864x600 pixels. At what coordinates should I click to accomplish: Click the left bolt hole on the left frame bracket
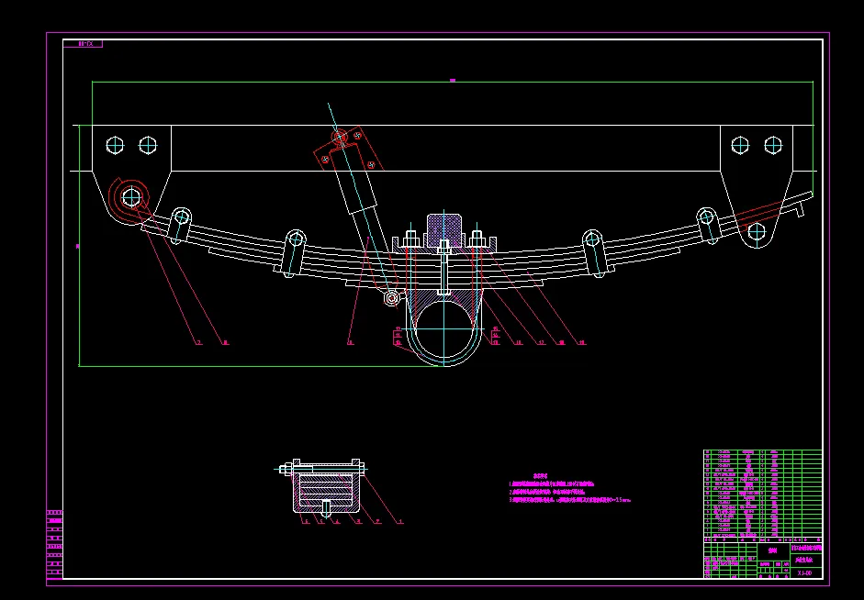(115, 145)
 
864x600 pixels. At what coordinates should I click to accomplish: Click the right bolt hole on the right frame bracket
(773, 144)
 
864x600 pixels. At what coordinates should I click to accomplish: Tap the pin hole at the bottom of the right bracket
(757, 231)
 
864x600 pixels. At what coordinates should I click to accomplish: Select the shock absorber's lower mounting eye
(392, 297)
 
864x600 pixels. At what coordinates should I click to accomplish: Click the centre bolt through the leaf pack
(444, 266)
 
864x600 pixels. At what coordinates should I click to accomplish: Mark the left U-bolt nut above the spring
(410, 242)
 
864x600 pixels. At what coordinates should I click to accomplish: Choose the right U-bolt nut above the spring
(477, 241)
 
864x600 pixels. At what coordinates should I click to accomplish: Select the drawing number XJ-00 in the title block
(804, 572)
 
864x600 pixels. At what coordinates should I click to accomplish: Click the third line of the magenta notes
(569, 501)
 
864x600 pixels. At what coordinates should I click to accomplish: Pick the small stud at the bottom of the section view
(328, 506)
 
